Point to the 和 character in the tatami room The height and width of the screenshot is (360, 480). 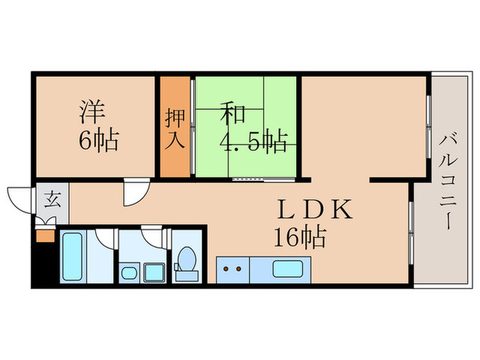pos(233,112)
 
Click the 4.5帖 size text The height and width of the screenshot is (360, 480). pos(252,141)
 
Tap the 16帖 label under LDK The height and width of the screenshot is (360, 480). pos(300,238)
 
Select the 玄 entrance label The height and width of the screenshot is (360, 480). pos(53,201)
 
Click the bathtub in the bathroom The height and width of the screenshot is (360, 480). pos(73,256)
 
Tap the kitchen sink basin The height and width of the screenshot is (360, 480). pos(288,269)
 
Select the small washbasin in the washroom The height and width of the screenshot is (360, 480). pos(129,275)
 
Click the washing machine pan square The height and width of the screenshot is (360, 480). pos(154,273)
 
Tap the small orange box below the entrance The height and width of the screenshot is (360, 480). pos(45,235)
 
